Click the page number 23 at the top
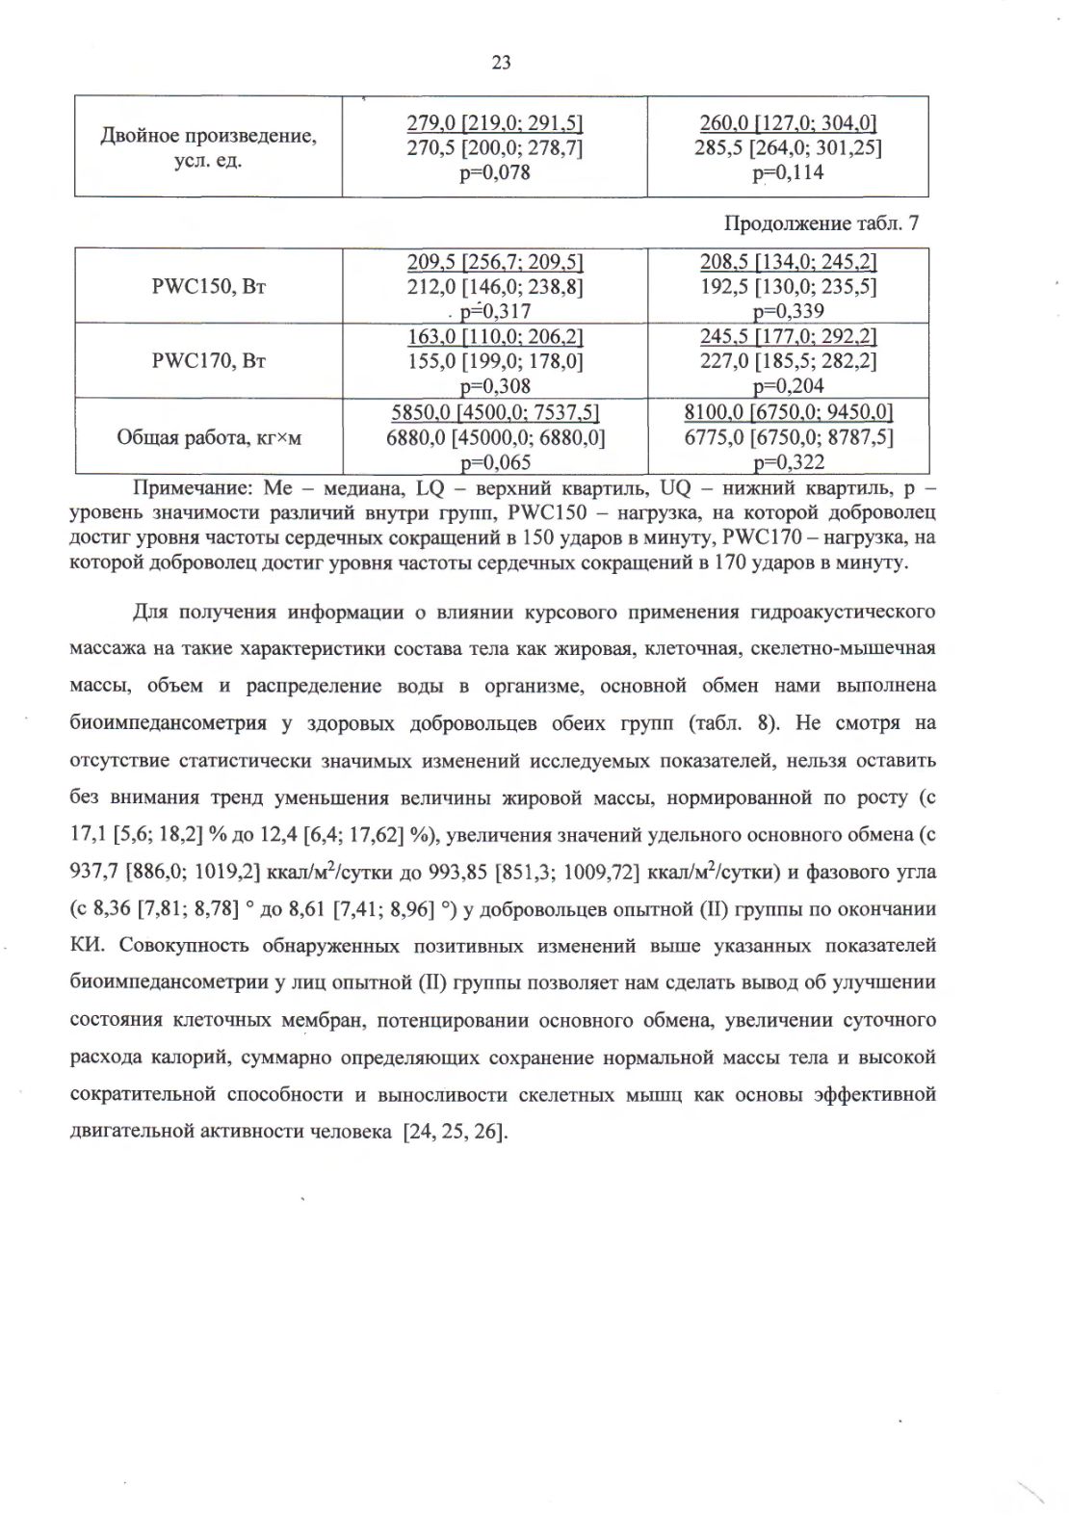[x=501, y=63]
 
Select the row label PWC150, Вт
[x=208, y=286]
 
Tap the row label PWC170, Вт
[x=208, y=361]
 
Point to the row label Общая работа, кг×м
[x=209, y=437]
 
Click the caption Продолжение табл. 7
[x=821, y=223]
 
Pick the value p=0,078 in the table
[x=495, y=173]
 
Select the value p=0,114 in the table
[x=788, y=173]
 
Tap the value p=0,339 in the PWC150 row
[x=788, y=311]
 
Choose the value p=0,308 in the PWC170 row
[x=495, y=386]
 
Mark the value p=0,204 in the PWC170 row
[x=788, y=386]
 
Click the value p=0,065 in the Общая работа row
[x=495, y=463]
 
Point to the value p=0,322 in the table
[x=788, y=463]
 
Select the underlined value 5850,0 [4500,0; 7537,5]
[x=495, y=413]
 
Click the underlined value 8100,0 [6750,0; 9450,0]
[x=788, y=413]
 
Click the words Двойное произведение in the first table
[x=208, y=136]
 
